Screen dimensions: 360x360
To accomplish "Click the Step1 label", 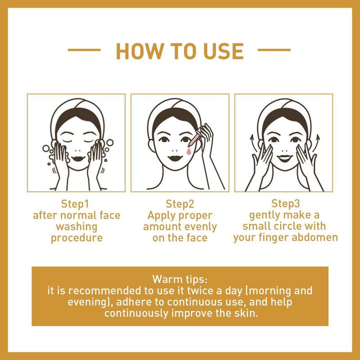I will point(76,204).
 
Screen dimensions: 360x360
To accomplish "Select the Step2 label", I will point(180,204).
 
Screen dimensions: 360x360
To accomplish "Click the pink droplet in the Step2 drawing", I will point(188,149).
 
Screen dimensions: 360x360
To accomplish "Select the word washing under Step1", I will point(76,227).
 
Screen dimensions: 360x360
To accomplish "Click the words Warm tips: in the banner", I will point(180,278).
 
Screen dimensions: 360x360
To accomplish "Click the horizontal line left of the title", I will point(84,50).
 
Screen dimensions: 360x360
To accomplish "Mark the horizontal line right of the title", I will point(274,50).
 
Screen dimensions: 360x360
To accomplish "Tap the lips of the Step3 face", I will point(284,158).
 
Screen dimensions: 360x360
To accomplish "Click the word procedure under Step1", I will point(76,238).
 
